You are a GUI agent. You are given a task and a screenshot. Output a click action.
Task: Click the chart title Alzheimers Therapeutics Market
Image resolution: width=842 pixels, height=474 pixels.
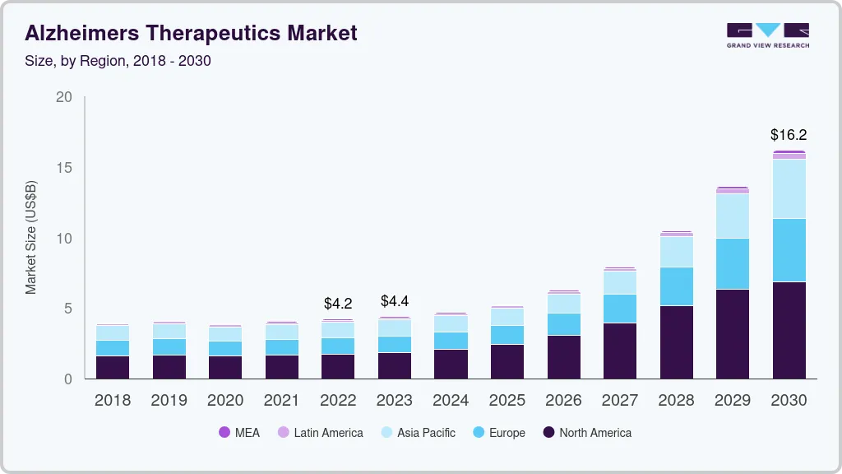(x=191, y=34)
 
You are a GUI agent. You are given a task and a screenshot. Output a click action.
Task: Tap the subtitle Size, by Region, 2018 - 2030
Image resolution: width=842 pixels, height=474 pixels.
(x=118, y=61)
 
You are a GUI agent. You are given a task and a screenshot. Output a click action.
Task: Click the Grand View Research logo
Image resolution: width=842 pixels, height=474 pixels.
(x=767, y=35)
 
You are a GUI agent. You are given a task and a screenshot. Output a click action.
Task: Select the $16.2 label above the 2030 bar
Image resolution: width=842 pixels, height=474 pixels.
(x=789, y=135)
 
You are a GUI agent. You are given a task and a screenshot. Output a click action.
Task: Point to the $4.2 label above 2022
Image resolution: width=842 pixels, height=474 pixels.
(x=338, y=304)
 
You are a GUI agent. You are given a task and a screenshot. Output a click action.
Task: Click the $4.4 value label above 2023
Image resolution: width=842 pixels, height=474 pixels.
(x=395, y=301)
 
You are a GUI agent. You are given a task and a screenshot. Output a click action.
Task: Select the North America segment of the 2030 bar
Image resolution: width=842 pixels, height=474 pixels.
(x=789, y=330)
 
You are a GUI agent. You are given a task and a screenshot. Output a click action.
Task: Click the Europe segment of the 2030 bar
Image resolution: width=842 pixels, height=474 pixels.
(x=789, y=250)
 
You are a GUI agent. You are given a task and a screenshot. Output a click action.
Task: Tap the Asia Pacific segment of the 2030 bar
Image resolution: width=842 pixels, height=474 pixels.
(x=789, y=188)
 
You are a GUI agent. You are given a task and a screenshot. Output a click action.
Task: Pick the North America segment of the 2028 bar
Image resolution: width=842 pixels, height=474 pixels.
(x=677, y=342)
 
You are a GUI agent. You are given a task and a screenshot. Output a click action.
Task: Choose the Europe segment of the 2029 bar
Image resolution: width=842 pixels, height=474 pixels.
(x=733, y=263)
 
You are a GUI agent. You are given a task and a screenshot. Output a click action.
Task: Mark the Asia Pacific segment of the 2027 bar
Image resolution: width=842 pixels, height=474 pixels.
(x=620, y=282)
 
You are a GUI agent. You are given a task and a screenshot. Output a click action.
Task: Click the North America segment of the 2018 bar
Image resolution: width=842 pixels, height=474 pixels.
(x=113, y=367)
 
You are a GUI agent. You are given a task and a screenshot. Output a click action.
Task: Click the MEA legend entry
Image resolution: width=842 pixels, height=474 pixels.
(x=239, y=433)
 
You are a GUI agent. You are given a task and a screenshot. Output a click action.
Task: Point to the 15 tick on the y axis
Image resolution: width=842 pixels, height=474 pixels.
(x=63, y=168)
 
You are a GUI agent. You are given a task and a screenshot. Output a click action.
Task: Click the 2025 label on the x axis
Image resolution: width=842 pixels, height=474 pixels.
(x=507, y=401)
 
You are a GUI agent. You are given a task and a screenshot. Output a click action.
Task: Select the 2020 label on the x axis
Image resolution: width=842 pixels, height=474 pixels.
(x=225, y=401)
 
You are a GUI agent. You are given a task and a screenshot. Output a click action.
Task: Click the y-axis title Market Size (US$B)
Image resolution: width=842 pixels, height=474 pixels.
(x=31, y=238)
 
